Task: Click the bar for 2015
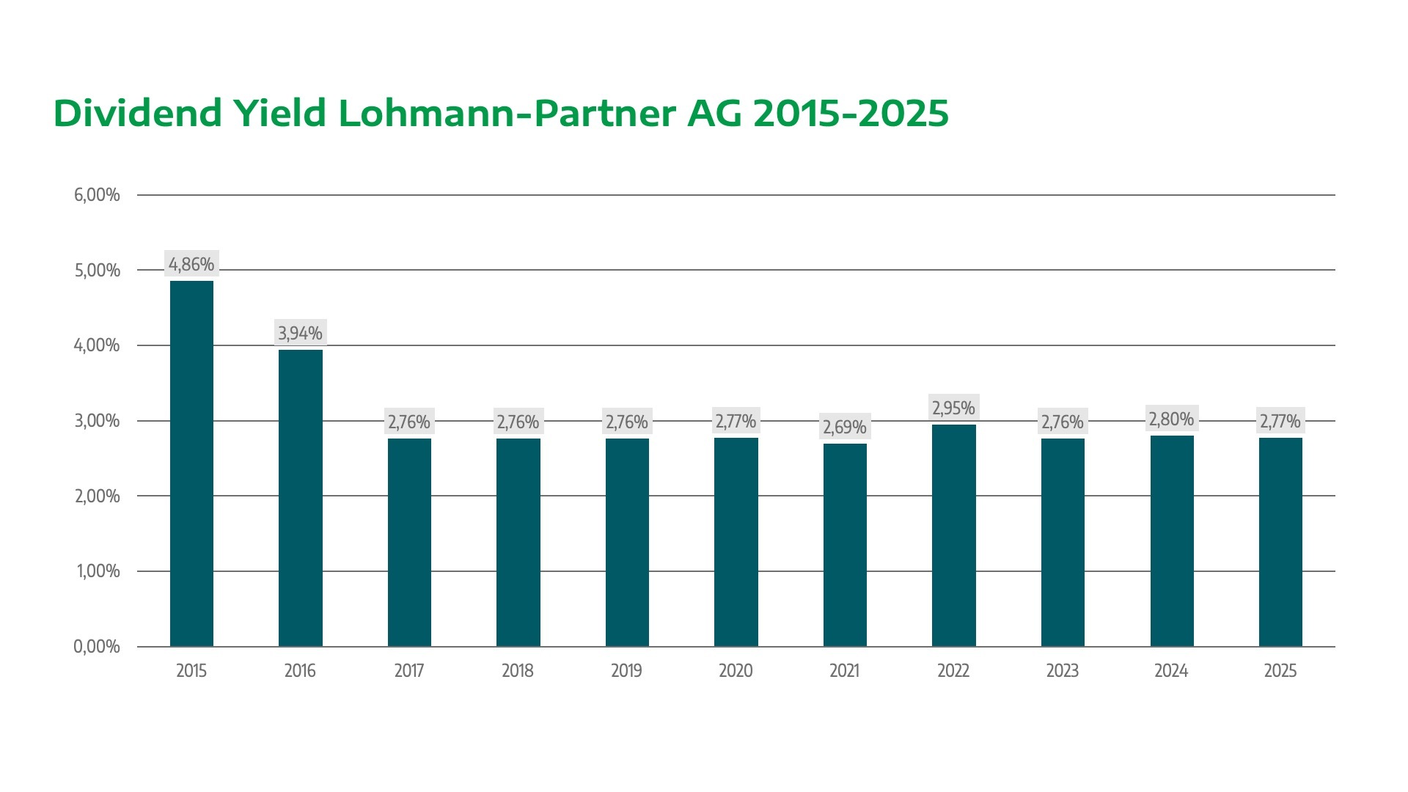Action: (191, 463)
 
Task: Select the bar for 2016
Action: (301, 498)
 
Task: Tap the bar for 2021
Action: (845, 545)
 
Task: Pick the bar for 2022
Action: (953, 535)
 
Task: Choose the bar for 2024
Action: (1172, 541)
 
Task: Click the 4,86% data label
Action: (191, 264)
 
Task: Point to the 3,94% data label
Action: (301, 333)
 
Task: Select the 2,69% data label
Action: (845, 427)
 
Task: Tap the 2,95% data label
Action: (953, 408)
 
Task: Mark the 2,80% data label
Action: (1172, 419)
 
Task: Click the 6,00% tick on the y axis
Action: (97, 195)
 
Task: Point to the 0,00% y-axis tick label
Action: (97, 647)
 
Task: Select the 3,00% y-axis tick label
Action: (97, 421)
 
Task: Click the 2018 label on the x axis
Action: (518, 671)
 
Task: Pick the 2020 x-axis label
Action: (736, 671)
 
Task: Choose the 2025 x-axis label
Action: (1280, 671)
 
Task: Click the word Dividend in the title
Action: (138, 114)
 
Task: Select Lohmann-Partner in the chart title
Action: (507, 114)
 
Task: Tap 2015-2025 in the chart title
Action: (851, 114)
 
